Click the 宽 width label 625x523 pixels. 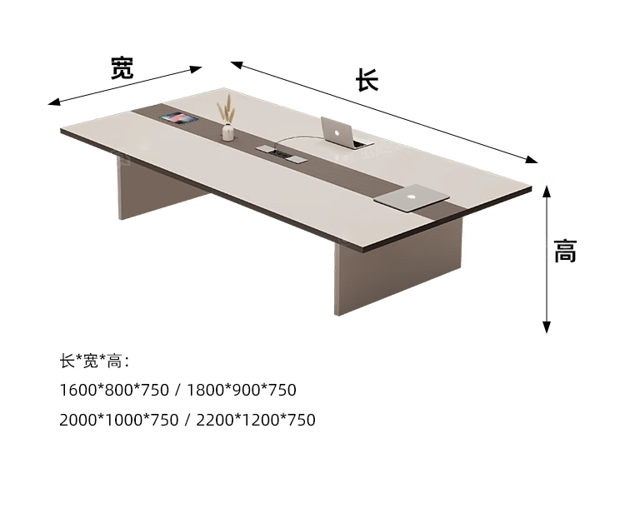click(x=122, y=67)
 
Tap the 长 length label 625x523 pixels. click(x=367, y=80)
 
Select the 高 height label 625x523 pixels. click(x=566, y=251)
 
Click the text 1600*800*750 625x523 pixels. click(x=114, y=390)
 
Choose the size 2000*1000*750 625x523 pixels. click(x=119, y=420)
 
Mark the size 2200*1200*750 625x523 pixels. click(x=256, y=420)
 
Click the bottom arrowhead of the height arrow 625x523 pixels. click(x=547, y=327)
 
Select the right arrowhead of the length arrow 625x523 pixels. click(x=533, y=160)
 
